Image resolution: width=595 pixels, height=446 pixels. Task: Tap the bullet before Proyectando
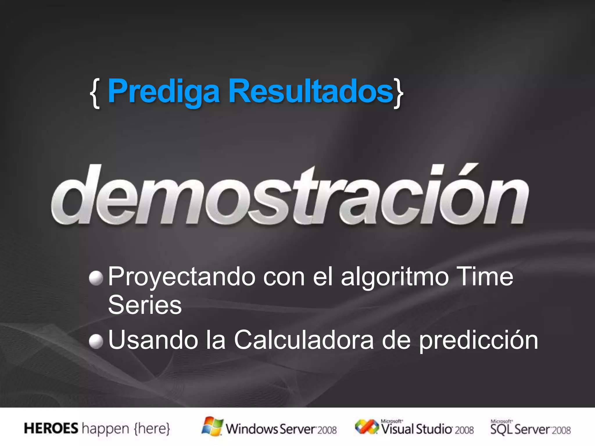tap(96, 278)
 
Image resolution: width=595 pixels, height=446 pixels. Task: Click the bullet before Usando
tap(96, 341)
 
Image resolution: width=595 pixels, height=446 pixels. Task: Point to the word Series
tap(145, 305)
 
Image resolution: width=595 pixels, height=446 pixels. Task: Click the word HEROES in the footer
tap(51, 429)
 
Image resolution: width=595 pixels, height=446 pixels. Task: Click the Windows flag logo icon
tap(212, 426)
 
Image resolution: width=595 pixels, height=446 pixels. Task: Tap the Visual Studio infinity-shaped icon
tap(366, 427)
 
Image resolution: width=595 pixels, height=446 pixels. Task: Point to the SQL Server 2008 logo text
tap(531, 429)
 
